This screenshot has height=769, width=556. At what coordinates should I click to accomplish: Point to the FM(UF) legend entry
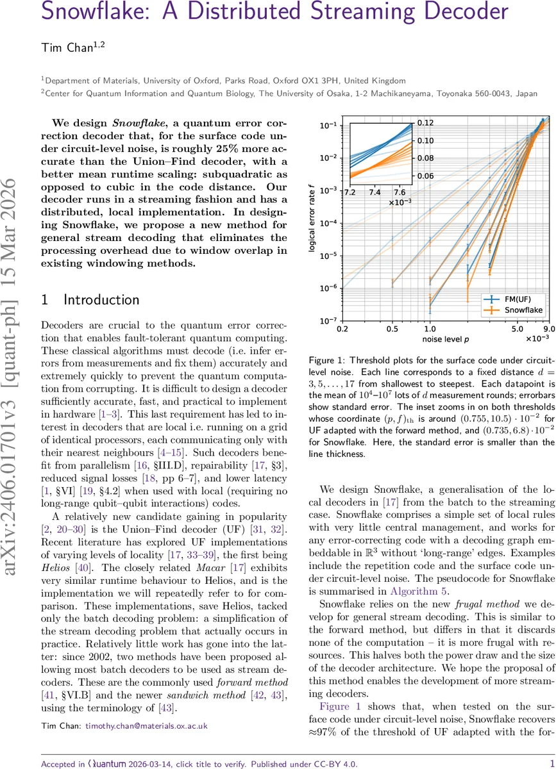519,299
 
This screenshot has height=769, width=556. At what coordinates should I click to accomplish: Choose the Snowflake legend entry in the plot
523,310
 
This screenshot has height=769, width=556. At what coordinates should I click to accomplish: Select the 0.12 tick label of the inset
426,122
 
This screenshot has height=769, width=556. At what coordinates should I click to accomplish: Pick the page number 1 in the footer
552,746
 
